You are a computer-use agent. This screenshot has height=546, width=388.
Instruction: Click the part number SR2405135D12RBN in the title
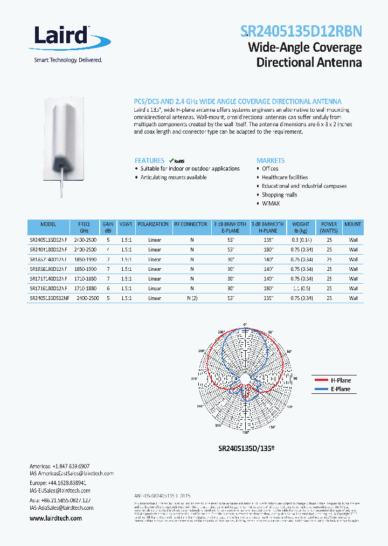[301, 31]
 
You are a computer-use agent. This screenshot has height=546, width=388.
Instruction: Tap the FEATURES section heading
[149, 160]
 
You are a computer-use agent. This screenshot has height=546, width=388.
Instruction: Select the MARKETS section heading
[271, 160]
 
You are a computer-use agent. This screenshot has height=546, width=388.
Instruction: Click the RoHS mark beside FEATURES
[177, 160]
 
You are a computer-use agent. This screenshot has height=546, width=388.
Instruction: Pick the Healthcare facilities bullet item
[285, 177]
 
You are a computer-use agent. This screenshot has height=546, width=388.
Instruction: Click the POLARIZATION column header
[153, 224]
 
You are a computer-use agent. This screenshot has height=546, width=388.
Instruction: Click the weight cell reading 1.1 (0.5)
[301, 288]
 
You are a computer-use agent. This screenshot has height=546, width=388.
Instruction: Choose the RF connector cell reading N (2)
[192, 298]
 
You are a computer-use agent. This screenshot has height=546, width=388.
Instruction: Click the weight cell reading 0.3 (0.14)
[301, 240]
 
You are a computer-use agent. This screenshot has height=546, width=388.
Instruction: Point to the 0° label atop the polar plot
[245, 324]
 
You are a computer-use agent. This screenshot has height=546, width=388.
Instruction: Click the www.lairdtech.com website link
[56, 518]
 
